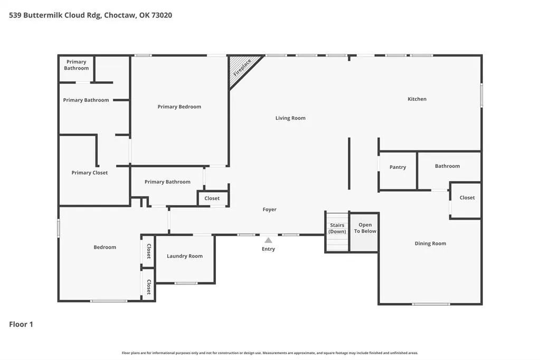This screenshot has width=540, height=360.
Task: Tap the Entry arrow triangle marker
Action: (x=268, y=240)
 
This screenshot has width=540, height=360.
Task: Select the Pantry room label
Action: (x=398, y=167)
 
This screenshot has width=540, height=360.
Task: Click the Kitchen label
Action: (x=417, y=99)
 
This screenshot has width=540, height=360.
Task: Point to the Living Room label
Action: (x=290, y=118)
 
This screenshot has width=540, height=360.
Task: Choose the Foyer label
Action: (x=269, y=209)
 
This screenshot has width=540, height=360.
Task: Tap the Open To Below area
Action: (x=365, y=233)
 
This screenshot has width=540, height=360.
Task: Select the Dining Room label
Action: (x=430, y=243)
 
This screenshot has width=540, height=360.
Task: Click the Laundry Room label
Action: (x=185, y=256)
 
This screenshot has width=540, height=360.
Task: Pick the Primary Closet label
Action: (x=90, y=173)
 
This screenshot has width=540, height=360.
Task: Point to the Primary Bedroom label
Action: (x=179, y=107)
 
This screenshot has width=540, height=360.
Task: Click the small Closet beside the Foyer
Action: (x=212, y=198)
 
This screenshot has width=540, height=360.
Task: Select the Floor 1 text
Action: (x=21, y=324)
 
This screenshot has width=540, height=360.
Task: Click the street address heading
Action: (x=91, y=15)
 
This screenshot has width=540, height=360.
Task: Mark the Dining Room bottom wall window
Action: (x=431, y=304)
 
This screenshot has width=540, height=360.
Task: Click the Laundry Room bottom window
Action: (x=186, y=283)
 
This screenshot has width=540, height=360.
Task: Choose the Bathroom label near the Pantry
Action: (x=447, y=166)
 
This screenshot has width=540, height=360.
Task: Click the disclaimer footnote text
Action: (x=270, y=353)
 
